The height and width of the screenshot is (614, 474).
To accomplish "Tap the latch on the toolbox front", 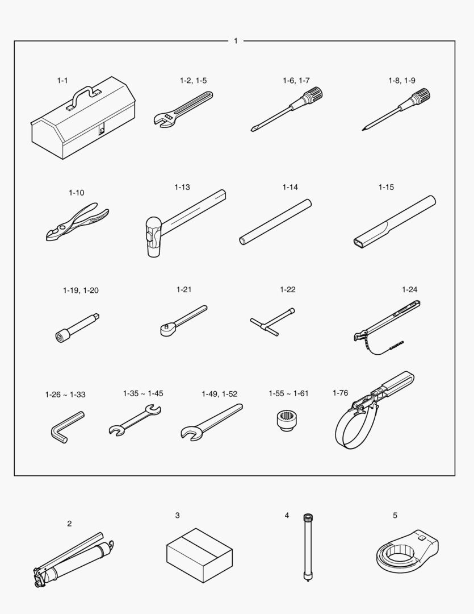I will click(x=102, y=130).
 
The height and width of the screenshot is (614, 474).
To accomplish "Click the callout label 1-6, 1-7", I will click(x=296, y=81).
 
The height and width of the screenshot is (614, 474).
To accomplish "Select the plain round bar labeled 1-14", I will click(x=276, y=222).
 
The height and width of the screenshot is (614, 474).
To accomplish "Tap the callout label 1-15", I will click(x=386, y=187).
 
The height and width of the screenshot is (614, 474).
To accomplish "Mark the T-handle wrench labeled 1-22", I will click(x=272, y=322).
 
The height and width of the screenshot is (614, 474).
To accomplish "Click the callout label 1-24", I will click(x=409, y=289).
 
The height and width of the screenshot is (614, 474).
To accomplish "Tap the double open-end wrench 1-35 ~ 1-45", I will click(x=135, y=421).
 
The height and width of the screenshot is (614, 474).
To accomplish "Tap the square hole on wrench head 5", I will click(x=421, y=538).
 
